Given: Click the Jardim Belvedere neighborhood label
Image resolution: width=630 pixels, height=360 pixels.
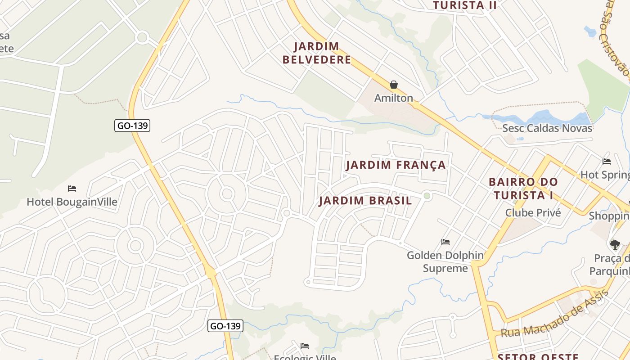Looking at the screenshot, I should click(x=317, y=53).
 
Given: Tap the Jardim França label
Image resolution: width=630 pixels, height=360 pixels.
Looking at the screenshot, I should click(x=396, y=165).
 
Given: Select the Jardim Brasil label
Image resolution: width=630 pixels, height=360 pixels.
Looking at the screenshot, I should click(x=365, y=201).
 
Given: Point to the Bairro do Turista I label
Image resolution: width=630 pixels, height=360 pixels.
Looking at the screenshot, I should click(x=523, y=189).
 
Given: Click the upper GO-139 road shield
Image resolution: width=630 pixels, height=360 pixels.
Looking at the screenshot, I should click(x=133, y=126).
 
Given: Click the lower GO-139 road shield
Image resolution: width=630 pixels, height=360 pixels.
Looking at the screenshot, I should click(x=225, y=326).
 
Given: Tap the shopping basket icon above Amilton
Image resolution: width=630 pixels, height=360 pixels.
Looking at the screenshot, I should click(x=394, y=85).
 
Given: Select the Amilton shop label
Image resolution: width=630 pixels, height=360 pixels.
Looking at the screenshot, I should click(x=394, y=98).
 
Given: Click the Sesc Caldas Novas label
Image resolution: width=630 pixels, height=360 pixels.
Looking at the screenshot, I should click(x=547, y=128).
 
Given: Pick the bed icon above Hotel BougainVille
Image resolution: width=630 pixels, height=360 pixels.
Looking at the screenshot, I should click(x=72, y=188).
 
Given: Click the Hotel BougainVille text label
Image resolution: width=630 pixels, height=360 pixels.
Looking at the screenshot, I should click(x=72, y=202).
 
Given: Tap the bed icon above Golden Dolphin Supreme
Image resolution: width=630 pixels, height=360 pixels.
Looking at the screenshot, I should click(x=445, y=242).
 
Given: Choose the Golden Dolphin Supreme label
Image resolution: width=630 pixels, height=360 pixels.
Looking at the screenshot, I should click(x=445, y=262).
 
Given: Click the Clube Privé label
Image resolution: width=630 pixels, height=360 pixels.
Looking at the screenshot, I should click(x=533, y=213).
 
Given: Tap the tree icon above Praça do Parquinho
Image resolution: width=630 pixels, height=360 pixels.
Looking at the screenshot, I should click(x=615, y=245).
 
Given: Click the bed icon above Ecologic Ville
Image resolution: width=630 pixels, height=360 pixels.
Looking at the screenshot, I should click(x=305, y=346).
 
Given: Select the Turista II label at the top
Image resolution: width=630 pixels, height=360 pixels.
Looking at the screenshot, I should click(x=465, y=5).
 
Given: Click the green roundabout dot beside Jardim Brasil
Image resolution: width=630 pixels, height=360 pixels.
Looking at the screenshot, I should click(x=427, y=195).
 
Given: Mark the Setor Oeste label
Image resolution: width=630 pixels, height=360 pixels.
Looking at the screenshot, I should click(x=539, y=356).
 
